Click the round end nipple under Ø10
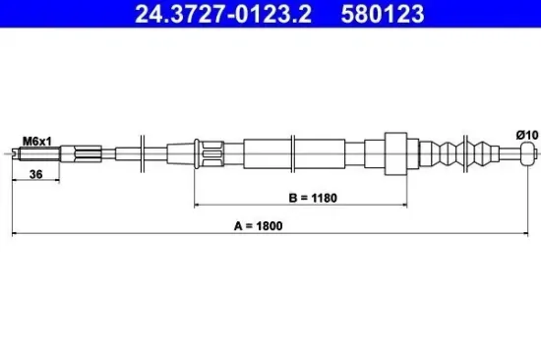526,152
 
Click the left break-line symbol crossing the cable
145,151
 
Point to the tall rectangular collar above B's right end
396,152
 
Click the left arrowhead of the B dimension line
199,206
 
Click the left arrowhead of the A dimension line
14,233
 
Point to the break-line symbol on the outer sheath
296,152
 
